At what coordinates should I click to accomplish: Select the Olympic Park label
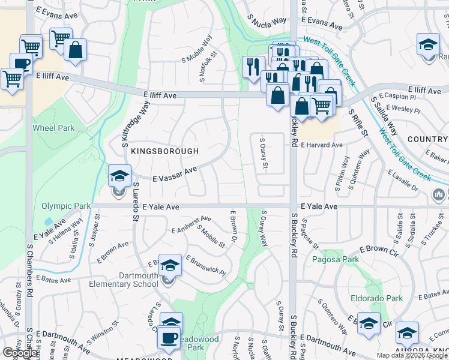[x=66, y=206]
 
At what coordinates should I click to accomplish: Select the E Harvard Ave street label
[x=322, y=145]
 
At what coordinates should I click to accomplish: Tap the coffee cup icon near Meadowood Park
[x=169, y=337]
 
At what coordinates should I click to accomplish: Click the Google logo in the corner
[x=20, y=353]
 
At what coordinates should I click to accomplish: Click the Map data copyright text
[x=412, y=355]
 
